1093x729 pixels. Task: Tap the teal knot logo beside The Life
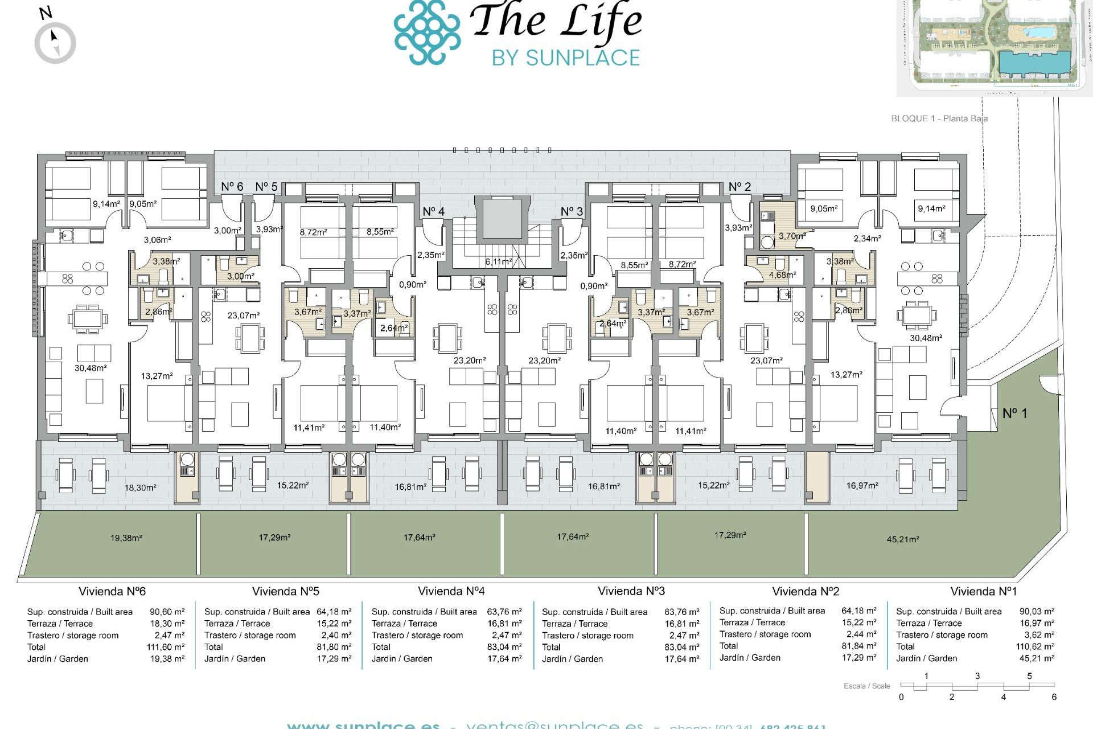427,32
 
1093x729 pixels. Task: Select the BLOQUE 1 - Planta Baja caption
939,118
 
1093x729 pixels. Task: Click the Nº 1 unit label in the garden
1014,413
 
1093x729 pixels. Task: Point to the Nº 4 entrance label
433,211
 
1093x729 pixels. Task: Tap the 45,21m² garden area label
902,539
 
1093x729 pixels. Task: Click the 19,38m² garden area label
126,538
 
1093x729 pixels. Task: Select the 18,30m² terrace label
140,488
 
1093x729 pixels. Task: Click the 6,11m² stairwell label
498,262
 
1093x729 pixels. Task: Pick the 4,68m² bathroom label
782,275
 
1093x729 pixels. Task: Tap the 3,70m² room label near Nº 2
792,235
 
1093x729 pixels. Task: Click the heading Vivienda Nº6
112,591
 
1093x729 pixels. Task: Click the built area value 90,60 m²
167,612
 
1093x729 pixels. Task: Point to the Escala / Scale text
866,686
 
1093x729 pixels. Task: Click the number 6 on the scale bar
1054,697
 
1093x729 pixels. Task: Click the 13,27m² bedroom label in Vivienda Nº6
157,376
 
